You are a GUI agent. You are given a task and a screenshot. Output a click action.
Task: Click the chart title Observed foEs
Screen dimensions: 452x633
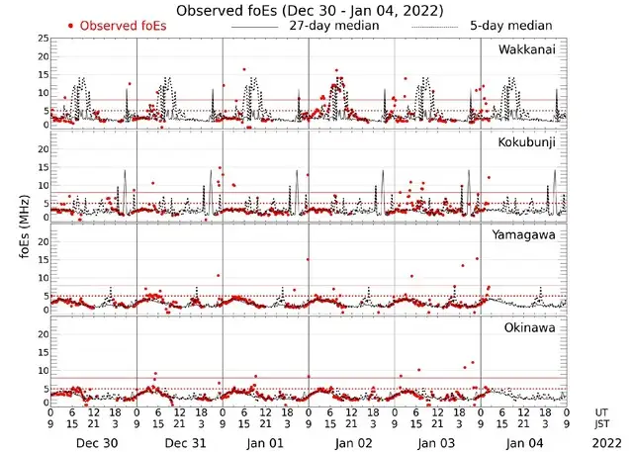click(x=309, y=10)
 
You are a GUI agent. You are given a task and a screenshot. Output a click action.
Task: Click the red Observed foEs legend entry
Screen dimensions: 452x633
click(x=116, y=26)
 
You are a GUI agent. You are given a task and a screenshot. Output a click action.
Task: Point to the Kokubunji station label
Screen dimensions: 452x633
click(x=527, y=142)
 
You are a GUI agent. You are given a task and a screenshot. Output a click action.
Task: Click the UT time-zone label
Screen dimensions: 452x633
click(x=603, y=412)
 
